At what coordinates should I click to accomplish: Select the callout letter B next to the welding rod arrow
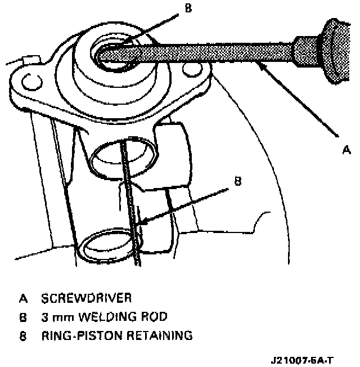pyautogui.click(x=237, y=181)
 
